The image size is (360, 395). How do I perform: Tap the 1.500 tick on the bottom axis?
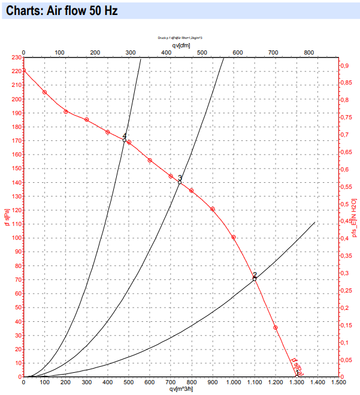tap(338, 382)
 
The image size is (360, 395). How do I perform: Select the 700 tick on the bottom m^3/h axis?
tap(171, 382)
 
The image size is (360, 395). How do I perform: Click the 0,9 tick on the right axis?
tap(344, 65)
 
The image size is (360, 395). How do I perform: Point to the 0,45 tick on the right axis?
tap(346, 221)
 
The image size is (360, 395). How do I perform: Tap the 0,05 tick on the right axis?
tap(346, 360)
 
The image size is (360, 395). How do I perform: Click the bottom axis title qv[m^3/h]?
tap(181, 388)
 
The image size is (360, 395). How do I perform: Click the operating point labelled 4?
tap(125, 140)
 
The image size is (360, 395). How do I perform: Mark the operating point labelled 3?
tap(179, 182)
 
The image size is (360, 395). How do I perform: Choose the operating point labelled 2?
tap(255, 279)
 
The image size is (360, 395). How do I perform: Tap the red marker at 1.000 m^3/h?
tap(234, 237)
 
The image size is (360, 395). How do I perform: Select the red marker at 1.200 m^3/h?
tap(276, 328)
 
